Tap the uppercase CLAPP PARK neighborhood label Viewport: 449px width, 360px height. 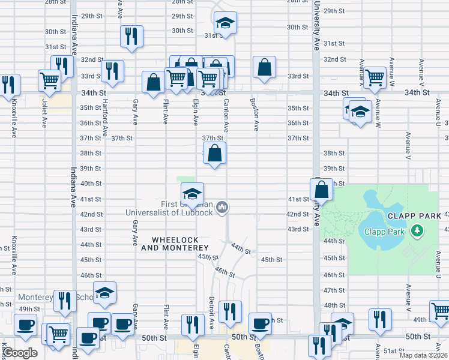coord(414,216)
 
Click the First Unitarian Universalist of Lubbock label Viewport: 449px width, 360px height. coord(169,208)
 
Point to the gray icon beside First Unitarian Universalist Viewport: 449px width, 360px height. coord(222,208)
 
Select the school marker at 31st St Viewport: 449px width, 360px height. coord(225,23)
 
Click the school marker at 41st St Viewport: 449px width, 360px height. coord(192,193)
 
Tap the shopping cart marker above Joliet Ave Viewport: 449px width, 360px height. coord(49,80)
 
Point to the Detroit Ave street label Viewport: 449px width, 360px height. coord(211,312)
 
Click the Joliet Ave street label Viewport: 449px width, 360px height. coord(44,113)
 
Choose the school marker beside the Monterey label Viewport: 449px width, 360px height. coord(104,293)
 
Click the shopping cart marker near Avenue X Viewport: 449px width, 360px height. coord(375,77)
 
